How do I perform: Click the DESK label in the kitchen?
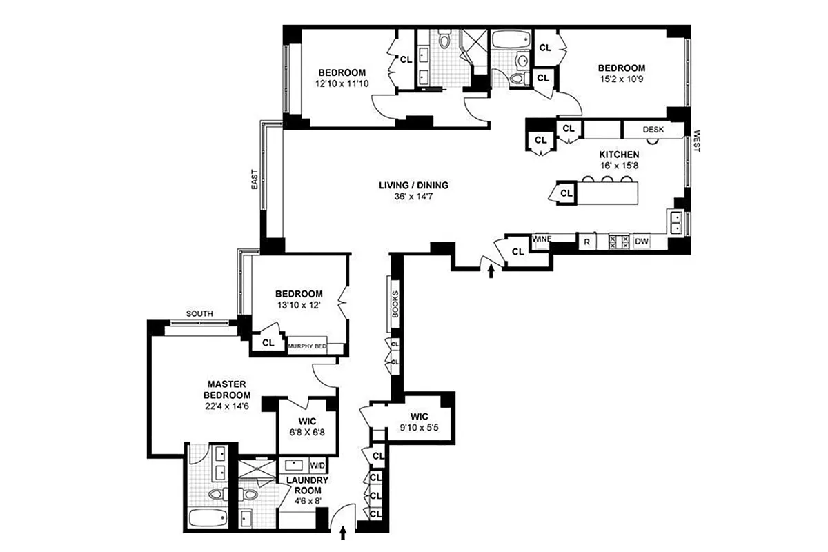653,129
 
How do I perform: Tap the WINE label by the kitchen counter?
541,239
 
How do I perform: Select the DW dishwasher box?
641,241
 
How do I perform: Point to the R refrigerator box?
586,241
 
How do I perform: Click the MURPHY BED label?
307,346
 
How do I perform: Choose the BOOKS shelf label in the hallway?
395,303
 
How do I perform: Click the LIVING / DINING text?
413,185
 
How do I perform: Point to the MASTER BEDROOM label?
227,389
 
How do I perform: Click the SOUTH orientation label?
199,314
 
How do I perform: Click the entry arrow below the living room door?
491,272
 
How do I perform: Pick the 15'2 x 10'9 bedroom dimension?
621,79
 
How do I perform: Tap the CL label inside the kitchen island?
566,193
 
